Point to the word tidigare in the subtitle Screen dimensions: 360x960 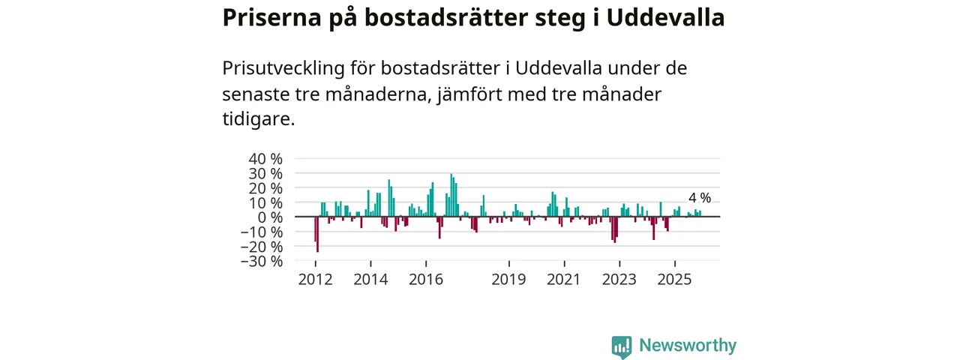[x=256, y=119]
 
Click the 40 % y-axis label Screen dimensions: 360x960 [x=267, y=159]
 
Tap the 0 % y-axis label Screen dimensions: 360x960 [x=271, y=217]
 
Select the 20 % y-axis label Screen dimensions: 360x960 [x=267, y=188]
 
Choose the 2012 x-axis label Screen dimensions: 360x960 [x=316, y=280]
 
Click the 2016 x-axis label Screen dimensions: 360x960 [x=426, y=280]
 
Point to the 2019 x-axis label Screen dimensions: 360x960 [x=509, y=280]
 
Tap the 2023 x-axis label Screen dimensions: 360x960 [x=619, y=280]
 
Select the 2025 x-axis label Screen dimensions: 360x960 [x=675, y=280]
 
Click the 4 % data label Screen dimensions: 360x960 [x=699, y=198]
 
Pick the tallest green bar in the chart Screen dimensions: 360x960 [x=451, y=195]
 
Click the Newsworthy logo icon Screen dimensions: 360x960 [x=621, y=346]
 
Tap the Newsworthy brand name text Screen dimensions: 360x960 [x=688, y=346]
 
